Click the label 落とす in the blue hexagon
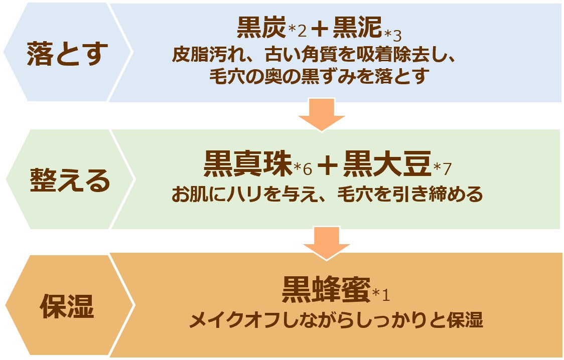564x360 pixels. (67, 53)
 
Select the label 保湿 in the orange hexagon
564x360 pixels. (67, 307)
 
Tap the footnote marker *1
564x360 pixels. (381, 295)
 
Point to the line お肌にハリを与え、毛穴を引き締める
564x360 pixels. (327, 194)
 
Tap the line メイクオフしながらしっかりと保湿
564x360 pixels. (336, 319)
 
